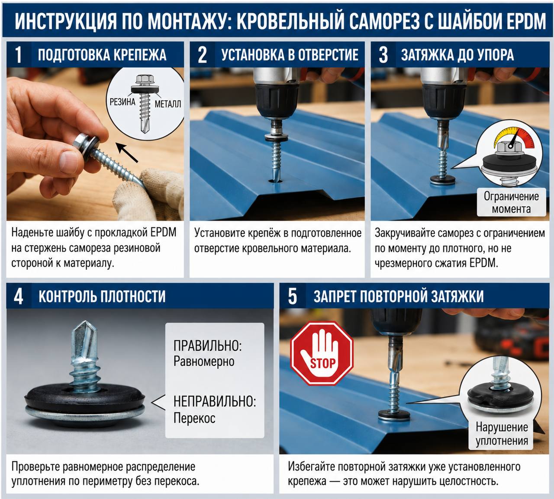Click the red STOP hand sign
pos(322,354)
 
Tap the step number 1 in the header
pos(18,54)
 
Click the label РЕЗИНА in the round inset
pos(122,102)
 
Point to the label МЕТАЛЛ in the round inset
pos(168,104)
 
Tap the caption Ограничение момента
pos(511,202)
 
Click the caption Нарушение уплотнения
pos(502,434)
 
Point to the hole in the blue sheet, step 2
pos(276,181)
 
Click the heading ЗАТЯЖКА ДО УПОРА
pos(457,54)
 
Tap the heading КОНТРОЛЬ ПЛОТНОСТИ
pos(102,297)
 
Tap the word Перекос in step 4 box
pos(194,418)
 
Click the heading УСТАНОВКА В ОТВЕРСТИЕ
pos(290,54)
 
